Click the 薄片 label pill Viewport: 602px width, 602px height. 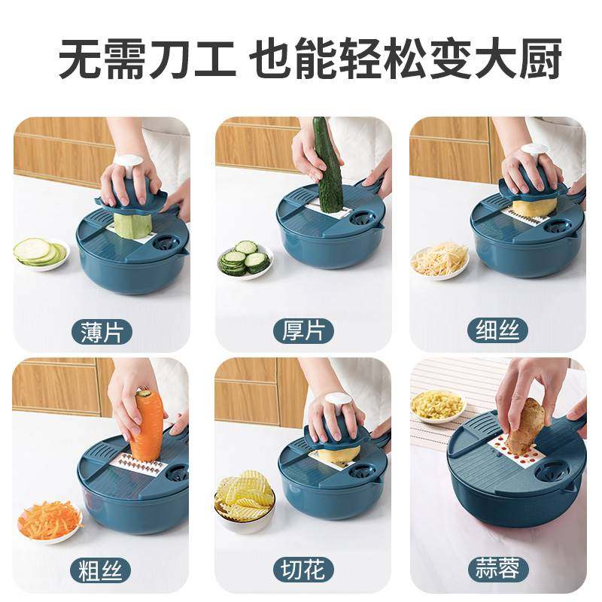[102, 332]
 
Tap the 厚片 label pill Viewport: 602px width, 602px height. [303, 331]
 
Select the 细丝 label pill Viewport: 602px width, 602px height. [497, 331]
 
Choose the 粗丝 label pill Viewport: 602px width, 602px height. [100, 570]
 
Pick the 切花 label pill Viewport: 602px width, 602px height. [303, 570]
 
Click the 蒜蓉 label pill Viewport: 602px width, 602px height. [497, 570]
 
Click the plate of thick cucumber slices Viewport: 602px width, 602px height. [245, 258]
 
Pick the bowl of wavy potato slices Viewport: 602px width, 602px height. [245, 500]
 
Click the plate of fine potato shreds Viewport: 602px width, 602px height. [440, 261]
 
